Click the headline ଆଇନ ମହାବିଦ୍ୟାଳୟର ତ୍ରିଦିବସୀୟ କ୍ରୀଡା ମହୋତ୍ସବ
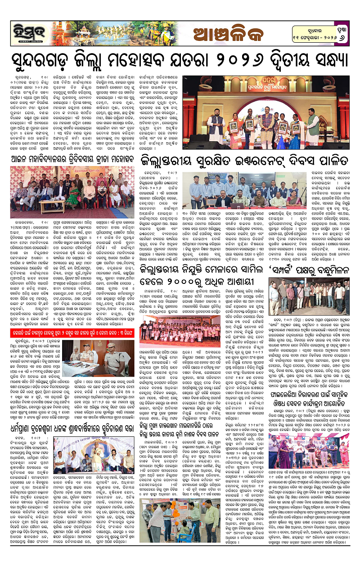[x=70, y=158]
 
